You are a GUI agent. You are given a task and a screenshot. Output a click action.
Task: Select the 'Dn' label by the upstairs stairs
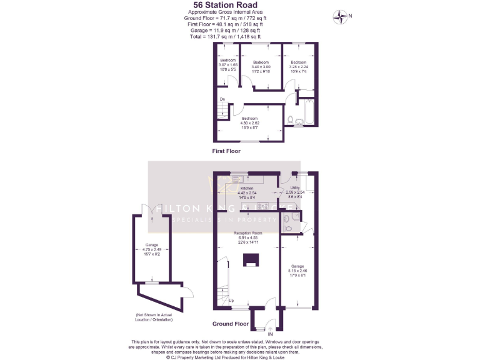pyautogui.click(x=222, y=99)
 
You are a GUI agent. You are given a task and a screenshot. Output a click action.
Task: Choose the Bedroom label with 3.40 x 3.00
pyautogui.click(x=260, y=66)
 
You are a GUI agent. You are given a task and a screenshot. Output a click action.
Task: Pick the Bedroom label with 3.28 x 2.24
pyautogui.click(x=298, y=66)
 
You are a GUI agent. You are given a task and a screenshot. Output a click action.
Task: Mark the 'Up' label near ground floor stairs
pyautogui.click(x=231, y=301)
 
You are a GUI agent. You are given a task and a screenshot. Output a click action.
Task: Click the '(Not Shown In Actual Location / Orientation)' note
pyautogui.click(x=153, y=317)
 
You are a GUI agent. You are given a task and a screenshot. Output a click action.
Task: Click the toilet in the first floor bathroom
pyautogui.click(x=290, y=119)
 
